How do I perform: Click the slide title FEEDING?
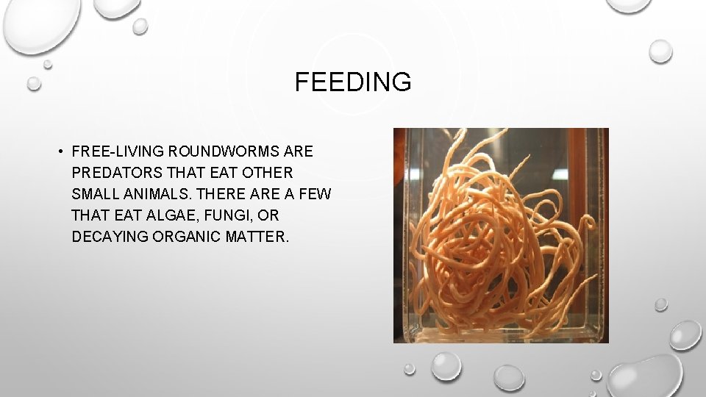point(353,82)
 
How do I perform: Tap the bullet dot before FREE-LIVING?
point(57,152)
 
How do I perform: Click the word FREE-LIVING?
point(118,152)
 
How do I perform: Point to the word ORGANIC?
point(184,237)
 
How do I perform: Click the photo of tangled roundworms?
point(501,235)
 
